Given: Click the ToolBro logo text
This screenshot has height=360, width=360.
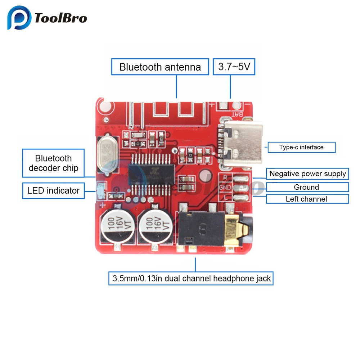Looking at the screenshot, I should pos(60,18).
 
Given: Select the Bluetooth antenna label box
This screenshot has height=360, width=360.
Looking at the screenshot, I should pos(160,67).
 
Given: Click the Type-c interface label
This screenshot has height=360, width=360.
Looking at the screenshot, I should pos(301,147).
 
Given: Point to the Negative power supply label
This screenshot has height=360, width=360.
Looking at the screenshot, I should pos(307,174).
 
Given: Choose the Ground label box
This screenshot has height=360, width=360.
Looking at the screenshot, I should pos(306,187).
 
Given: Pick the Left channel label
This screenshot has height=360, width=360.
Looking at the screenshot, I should pos(306,199).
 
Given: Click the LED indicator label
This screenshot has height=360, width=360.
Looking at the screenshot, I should pos(53,191).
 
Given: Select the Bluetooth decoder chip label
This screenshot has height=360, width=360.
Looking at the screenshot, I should pos(53,163).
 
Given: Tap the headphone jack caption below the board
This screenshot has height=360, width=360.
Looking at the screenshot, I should pos(192,278).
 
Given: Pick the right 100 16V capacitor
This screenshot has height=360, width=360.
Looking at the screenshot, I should pos(155,226).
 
